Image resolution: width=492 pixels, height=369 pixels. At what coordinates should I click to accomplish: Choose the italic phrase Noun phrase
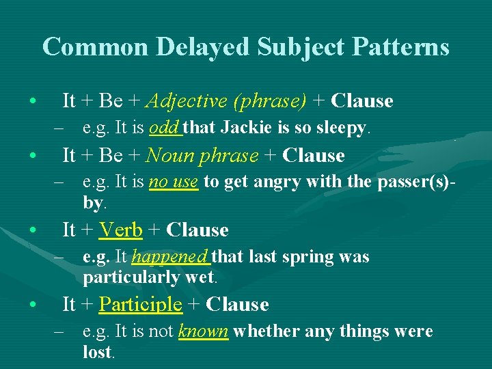(x=202, y=155)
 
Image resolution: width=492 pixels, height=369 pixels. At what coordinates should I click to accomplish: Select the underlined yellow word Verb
(x=120, y=230)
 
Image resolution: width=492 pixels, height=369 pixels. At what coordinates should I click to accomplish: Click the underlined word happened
(x=170, y=257)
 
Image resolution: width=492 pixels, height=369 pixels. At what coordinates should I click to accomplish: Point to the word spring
(x=305, y=257)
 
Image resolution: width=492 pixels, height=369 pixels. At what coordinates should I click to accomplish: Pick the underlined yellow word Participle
(x=140, y=304)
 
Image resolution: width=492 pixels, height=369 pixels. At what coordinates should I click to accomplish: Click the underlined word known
(x=202, y=331)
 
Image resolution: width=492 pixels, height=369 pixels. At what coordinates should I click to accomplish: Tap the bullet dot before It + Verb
(x=32, y=230)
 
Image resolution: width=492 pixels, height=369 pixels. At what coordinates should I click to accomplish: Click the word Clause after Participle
(x=236, y=304)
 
